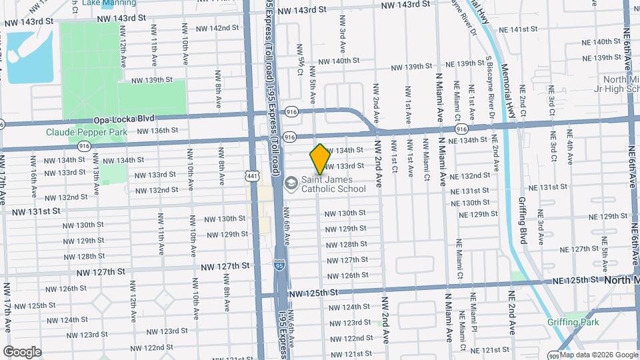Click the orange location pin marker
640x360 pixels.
click(319, 159)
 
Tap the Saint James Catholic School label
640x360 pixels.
click(333, 184)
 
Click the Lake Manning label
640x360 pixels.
click(109, 3)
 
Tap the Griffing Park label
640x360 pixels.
click(573, 323)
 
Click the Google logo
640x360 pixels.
click(22, 351)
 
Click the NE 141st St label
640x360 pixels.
click(527, 29)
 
